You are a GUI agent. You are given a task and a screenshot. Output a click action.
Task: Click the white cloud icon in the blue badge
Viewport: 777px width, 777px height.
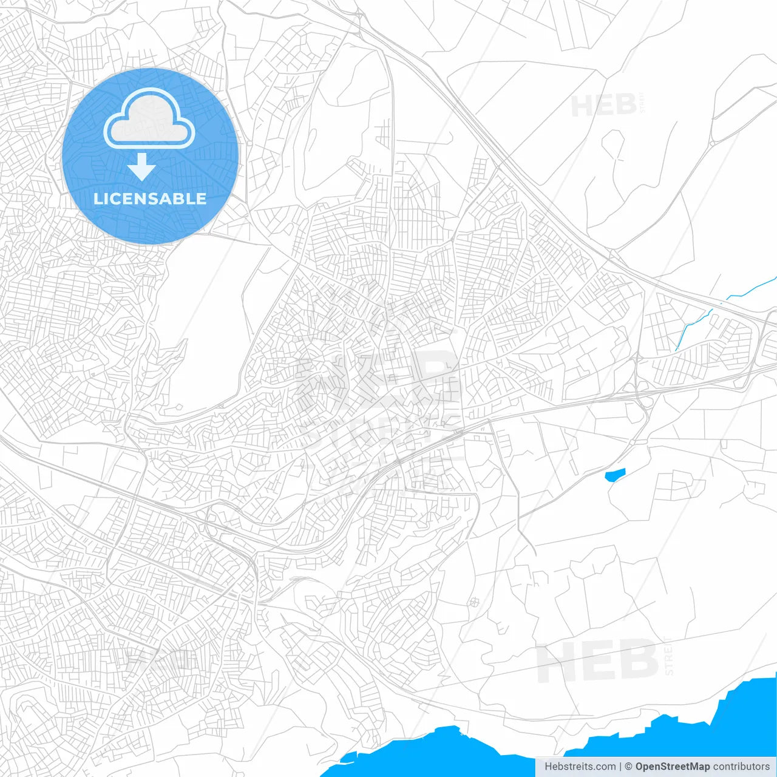click(x=149, y=120)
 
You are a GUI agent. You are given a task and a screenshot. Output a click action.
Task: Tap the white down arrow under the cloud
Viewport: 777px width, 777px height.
click(x=142, y=167)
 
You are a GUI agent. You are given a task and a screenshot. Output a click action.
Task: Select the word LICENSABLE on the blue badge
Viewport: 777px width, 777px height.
click(x=150, y=198)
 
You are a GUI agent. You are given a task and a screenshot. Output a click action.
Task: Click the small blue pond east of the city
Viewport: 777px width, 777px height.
click(x=614, y=474)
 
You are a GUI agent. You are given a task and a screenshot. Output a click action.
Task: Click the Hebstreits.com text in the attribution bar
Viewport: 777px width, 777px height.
click(x=580, y=767)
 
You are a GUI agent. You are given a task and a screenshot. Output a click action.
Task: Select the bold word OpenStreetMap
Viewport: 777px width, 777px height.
click(x=672, y=767)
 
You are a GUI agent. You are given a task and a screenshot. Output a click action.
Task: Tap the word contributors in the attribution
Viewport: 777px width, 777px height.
click(x=741, y=767)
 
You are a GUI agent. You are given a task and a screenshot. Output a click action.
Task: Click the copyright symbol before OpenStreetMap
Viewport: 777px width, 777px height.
click(x=628, y=767)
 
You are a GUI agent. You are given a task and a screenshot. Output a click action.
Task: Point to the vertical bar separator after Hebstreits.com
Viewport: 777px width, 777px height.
click(x=620, y=767)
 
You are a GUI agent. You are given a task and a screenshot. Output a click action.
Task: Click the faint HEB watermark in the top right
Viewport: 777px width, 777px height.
click(x=603, y=106)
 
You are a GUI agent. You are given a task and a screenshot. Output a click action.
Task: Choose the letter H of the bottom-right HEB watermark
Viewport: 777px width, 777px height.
click(x=556, y=662)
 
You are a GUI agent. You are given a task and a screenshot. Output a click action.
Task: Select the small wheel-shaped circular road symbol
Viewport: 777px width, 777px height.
click(x=473, y=602)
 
